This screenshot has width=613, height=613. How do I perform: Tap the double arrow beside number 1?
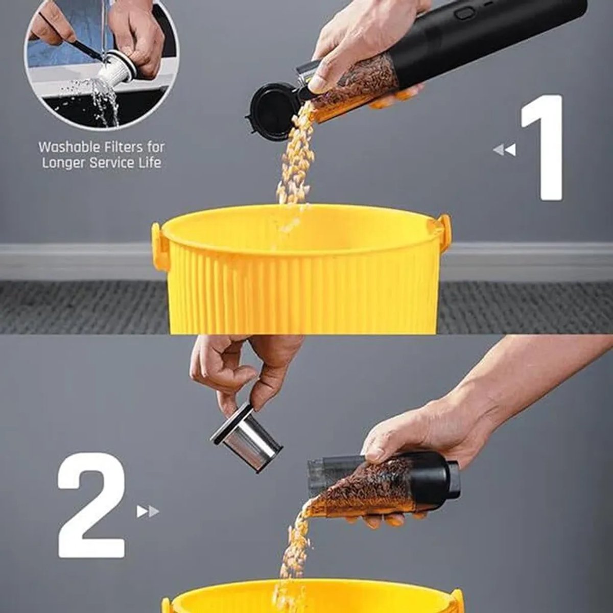click(x=505, y=150)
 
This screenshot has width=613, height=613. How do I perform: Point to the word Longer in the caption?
click(x=64, y=163)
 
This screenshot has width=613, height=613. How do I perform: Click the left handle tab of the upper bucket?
click(x=157, y=245)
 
